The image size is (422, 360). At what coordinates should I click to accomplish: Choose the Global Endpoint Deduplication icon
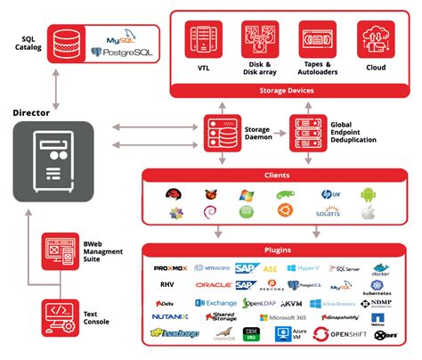(304, 131)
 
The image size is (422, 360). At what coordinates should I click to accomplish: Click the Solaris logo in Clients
(327, 212)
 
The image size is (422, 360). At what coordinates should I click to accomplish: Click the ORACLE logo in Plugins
(214, 285)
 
